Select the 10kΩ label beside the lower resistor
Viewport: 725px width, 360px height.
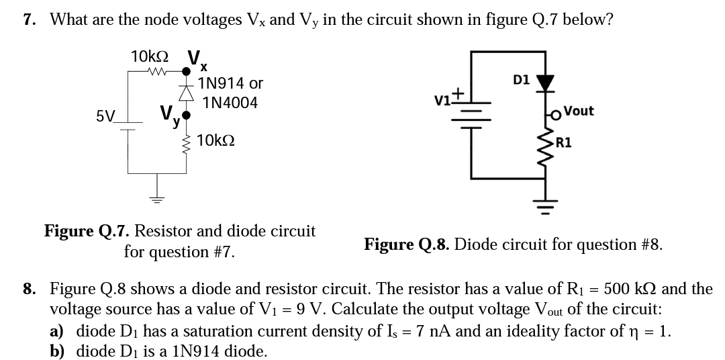coord(216,141)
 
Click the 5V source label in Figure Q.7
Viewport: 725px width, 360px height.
coord(105,116)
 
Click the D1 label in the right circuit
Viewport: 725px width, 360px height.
coord(521,80)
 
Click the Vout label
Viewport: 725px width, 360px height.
coord(578,111)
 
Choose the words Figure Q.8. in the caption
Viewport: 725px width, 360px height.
coord(406,244)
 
